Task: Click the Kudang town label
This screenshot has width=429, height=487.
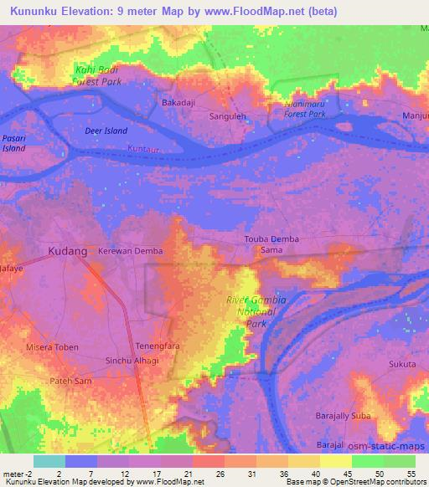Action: tap(68, 251)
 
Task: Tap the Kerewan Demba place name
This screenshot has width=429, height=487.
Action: tap(130, 251)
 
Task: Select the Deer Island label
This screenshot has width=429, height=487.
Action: tap(106, 131)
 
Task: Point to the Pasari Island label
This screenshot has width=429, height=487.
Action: tap(13, 142)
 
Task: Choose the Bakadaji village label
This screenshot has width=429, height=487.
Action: tap(178, 103)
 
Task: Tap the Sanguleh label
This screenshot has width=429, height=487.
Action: tap(227, 118)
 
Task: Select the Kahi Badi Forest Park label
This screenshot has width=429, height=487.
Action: tap(98, 76)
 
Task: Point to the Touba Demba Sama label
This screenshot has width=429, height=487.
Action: tap(271, 244)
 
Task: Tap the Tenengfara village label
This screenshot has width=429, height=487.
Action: tap(157, 346)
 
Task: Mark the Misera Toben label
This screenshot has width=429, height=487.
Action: tap(54, 346)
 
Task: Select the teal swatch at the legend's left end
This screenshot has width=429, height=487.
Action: tap(49, 461)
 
